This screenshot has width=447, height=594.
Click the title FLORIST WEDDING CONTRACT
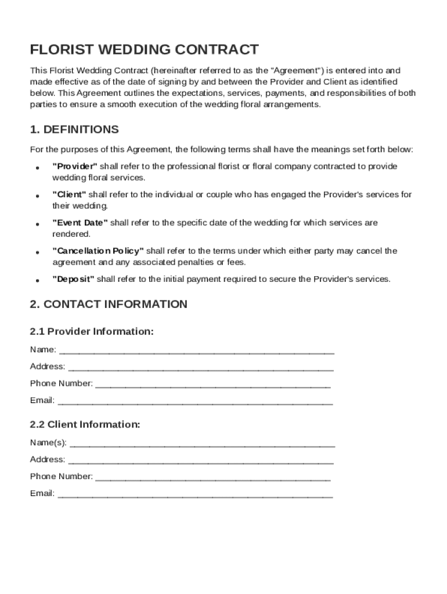(145, 49)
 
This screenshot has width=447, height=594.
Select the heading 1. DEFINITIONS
(74, 129)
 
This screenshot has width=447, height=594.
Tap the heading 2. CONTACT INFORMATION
(109, 304)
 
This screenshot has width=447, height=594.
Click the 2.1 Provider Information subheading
(92, 331)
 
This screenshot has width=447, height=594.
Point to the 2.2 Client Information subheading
(85, 424)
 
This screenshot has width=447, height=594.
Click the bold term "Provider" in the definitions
(75, 166)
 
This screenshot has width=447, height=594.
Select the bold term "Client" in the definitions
(69, 194)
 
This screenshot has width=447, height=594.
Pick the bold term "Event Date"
(80, 223)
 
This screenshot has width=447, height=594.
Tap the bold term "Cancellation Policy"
(98, 251)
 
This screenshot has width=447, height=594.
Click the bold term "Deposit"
(73, 279)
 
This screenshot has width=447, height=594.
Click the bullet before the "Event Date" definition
(37, 224)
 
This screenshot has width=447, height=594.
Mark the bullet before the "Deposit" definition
(37, 280)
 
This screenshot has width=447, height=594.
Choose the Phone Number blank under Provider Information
(212, 385)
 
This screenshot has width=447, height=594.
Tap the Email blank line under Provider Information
(195, 401)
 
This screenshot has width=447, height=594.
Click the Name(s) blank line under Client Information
(202, 444)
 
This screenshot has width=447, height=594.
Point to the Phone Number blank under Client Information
(212, 478)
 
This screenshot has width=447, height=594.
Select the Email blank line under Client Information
(195, 495)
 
